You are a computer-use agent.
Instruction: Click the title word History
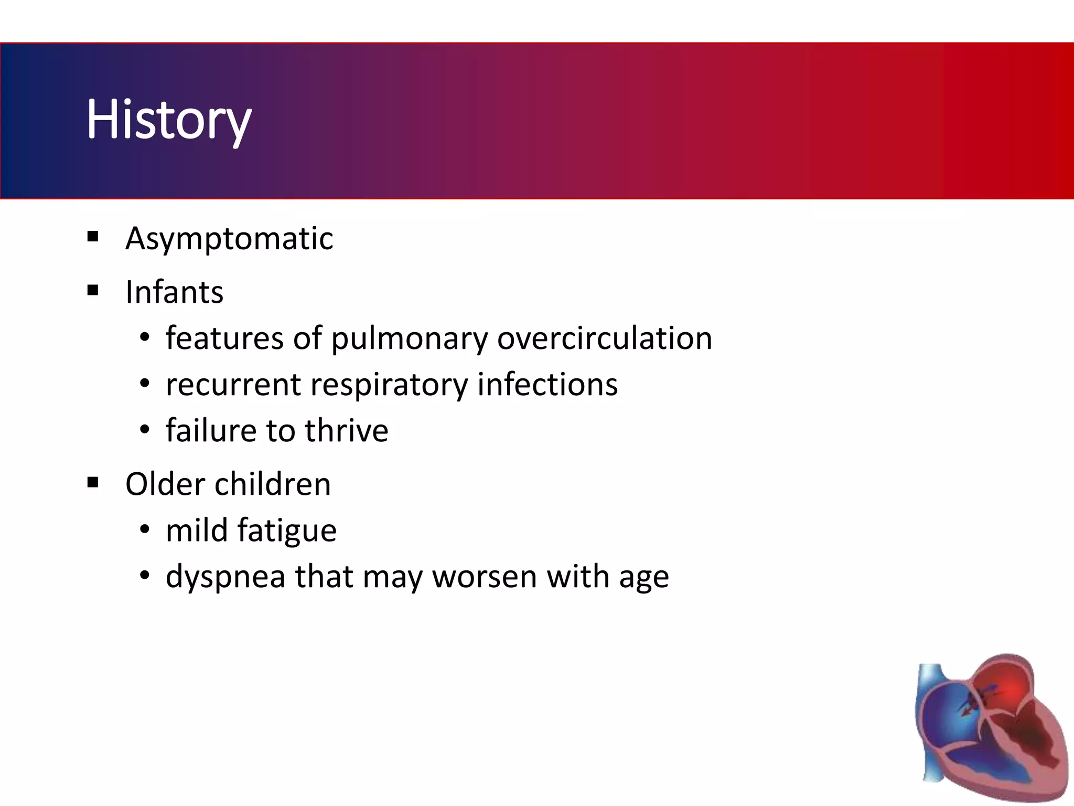(169, 120)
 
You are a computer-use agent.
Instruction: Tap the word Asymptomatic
(229, 239)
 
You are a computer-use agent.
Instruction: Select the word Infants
(174, 292)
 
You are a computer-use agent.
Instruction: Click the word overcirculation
(605, 338)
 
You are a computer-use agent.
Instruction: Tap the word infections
(547, 384)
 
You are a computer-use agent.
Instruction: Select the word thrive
(347, 430)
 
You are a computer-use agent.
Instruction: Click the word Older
(165, 484)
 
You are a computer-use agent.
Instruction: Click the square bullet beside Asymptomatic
(93, 237)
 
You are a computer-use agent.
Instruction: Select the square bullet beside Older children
(93, 482)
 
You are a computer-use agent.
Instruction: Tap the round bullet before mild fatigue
(145, 530)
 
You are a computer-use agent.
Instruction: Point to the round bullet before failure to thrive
(145, 430)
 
